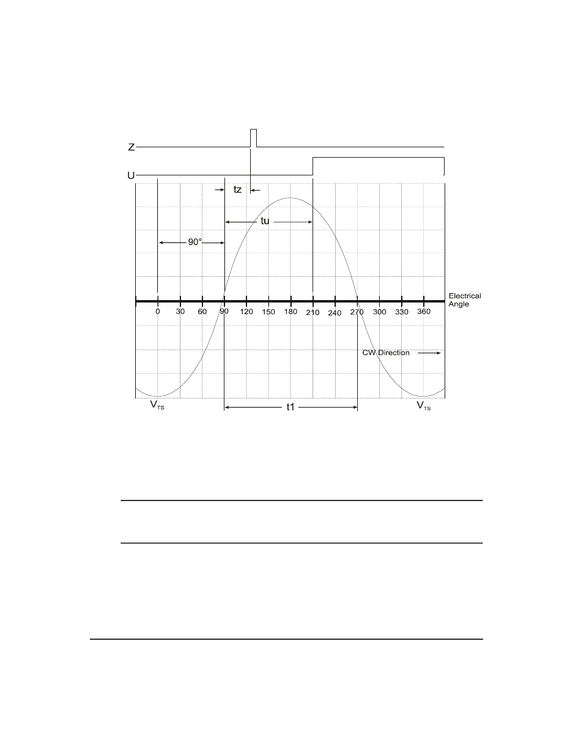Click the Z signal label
click(131, 147)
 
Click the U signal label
click(131, 175)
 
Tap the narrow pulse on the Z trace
click(253, 138)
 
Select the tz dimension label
click(237, 189)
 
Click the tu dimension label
click(265, 221)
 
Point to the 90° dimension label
click(195, 242)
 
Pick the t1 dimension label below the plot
click(290, 407)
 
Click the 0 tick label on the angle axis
click(158, 311)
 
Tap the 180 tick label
click(290, 311)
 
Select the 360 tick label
click(424, 311)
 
